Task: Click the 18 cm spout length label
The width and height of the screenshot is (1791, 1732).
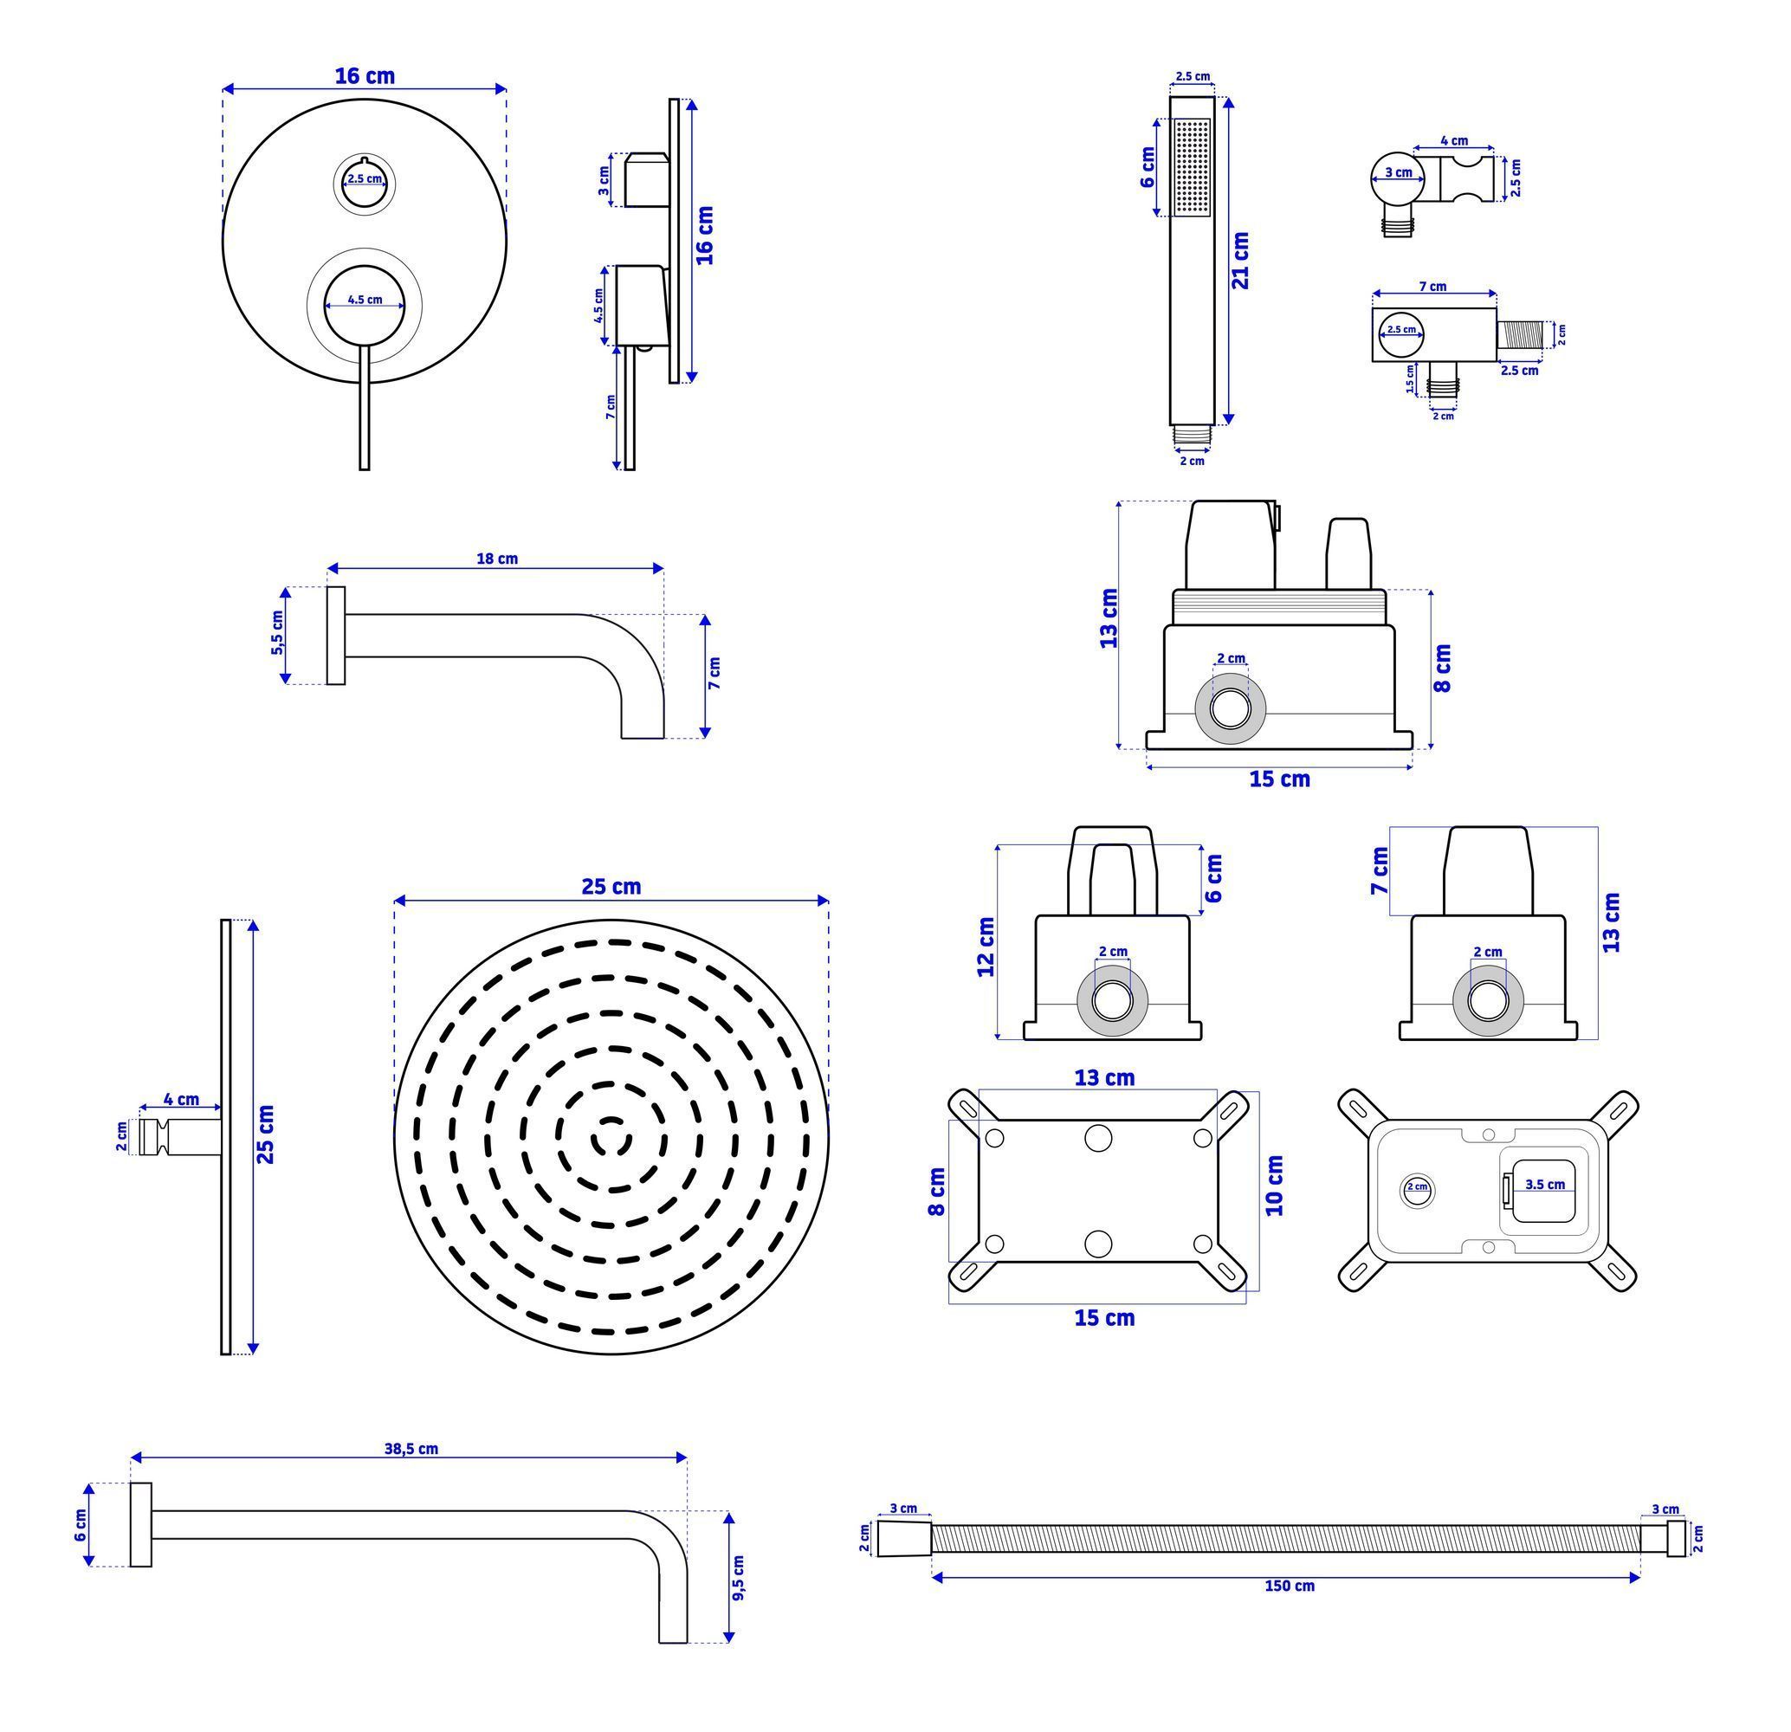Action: point(496,559)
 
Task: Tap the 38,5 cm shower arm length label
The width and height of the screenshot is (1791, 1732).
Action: point(411,1448)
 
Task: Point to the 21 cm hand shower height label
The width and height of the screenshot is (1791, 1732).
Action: point(1240,262)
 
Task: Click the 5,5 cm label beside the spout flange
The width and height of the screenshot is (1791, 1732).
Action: point(278,633)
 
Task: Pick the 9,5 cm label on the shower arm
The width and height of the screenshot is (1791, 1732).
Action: point(739,1578)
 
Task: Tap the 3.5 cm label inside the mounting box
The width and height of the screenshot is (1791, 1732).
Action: point(1544,1184)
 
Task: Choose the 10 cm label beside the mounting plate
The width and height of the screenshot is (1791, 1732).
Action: point(1274,1185)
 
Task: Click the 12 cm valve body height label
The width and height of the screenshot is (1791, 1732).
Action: point(985,947)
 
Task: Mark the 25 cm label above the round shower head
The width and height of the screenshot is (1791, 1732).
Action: point(611,886)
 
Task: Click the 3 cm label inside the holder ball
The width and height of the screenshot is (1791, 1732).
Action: point(1398,172)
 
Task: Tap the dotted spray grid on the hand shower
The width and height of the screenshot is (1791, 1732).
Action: point(1192,167)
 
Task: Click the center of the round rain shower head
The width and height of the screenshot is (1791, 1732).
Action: point(611,1138)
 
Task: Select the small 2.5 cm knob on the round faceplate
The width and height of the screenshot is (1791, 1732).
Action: point(365,183)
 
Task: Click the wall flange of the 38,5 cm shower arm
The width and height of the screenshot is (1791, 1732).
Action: point(140,1525)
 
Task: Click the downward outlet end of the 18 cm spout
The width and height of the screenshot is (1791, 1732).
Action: point(643,733)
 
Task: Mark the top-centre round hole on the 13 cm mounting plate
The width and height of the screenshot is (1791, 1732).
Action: point(1098,1137)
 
